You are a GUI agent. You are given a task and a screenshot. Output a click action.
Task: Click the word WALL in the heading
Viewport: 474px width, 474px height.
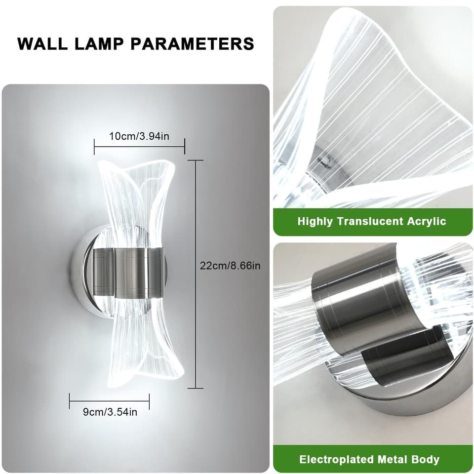[42, 44]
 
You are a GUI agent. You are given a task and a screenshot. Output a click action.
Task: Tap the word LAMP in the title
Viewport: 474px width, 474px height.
[99, 44]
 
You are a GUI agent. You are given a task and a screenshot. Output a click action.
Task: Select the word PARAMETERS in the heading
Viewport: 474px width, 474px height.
[192, 44]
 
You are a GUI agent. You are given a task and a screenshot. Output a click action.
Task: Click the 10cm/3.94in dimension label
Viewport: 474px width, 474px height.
[139, 136]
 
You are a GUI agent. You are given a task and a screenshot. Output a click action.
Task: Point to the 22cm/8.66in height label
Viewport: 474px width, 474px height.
[230, 266]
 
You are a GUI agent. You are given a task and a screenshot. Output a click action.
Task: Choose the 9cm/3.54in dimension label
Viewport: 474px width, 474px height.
[110, 412]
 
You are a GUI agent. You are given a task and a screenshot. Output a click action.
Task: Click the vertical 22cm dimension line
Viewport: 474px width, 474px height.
[196, 274]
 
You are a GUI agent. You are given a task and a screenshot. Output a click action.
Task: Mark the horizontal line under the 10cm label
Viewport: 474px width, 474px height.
[139, 147]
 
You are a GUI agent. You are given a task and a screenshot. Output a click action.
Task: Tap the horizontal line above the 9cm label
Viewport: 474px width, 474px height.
[110, 401]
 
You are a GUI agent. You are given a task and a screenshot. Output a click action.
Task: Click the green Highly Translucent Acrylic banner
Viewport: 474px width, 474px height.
[373, 222]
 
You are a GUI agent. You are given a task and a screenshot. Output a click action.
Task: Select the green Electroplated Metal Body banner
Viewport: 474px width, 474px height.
[373, 459]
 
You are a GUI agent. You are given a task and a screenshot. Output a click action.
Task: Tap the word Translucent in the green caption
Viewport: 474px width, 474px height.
[370, 222]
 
